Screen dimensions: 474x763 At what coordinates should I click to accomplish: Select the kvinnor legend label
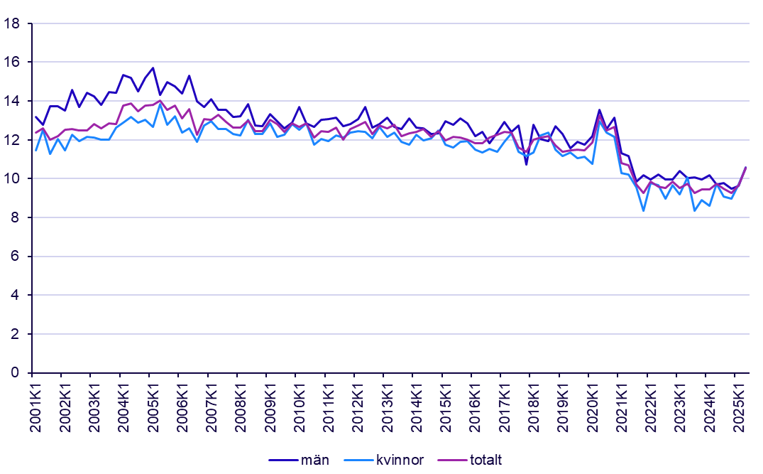(x=398, y=460)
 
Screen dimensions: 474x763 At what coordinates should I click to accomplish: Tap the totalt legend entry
(x=485, y=460)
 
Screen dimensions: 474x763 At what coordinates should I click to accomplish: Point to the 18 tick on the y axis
(x=12, y=23)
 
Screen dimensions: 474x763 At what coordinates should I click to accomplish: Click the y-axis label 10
(x=12, y=178)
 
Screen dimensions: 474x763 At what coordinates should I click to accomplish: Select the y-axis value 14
(x=12, y=101)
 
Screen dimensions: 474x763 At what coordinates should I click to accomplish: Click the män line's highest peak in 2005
(x=153, y=68)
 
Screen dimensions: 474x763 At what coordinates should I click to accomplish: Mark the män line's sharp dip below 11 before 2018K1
(x=527, y=164)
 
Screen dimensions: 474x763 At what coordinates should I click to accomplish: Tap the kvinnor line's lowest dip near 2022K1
(x=644, y=210)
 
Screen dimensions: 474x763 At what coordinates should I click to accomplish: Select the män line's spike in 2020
(x=600, y=110)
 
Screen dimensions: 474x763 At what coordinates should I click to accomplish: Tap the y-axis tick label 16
(x=12, y=63)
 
